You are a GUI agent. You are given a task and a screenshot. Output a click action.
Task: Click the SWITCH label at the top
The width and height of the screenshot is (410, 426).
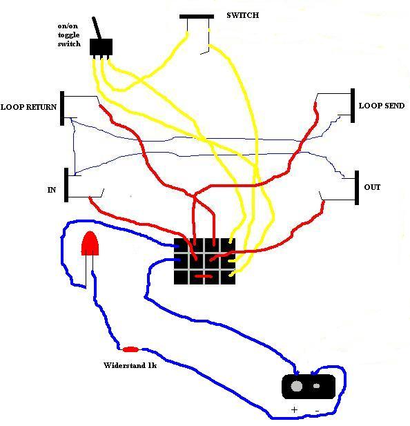243,15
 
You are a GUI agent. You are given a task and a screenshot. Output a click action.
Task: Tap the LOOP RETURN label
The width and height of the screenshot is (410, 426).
28,107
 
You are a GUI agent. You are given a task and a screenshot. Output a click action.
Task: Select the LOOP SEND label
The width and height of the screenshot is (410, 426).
382,106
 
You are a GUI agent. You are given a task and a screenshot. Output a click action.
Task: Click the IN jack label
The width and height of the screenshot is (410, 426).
52,190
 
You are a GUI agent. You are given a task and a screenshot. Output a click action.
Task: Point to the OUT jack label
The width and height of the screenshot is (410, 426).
372,187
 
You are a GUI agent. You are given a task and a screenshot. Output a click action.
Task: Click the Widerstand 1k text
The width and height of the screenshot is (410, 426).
130,365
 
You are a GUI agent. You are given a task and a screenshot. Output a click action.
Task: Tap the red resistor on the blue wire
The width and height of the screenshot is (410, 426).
130,349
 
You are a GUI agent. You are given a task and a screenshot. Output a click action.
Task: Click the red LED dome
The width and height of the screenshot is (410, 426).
90,243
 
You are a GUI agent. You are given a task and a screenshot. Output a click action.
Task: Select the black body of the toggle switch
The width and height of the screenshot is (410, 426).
101,47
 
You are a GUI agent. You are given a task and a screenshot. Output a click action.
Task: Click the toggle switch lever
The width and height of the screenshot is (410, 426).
97,28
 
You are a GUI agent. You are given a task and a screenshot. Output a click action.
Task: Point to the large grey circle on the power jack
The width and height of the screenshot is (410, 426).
297,386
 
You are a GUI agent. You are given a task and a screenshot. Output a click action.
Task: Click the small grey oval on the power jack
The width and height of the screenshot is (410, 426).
316,386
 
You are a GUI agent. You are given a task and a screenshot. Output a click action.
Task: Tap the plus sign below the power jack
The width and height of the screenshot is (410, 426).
294,409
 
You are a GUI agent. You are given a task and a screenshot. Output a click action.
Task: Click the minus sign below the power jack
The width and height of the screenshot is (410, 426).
317,411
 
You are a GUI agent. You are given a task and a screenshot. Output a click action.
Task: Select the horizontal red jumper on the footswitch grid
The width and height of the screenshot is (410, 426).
204,276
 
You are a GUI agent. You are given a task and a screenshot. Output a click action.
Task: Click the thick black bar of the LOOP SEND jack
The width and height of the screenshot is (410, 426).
353,106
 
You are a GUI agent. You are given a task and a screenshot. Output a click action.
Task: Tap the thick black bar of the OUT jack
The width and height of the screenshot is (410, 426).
357,188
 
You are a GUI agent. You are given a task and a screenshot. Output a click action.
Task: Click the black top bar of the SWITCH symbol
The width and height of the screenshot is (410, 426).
197,17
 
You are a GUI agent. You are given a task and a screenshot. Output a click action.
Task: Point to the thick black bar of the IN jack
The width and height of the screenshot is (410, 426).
66,185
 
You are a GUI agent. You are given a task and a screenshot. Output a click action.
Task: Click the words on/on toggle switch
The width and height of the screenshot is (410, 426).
69,35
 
